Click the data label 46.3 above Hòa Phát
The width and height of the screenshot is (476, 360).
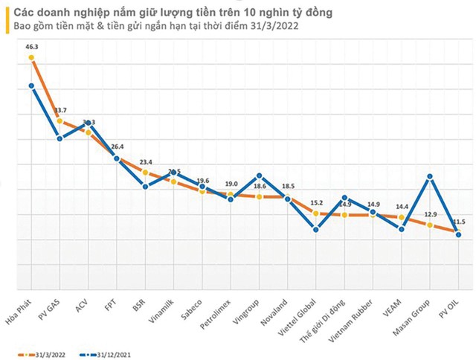pos(31,46)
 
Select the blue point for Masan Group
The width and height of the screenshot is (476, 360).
pos(430,176)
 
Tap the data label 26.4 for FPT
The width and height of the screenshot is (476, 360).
pos(117,147)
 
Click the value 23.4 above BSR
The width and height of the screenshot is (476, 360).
pos(145,161)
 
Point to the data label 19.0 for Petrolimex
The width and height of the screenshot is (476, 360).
pos(231,184)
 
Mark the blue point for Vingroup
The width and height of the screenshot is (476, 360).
pos(259,176)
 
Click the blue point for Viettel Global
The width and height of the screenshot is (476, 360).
pos(316,230)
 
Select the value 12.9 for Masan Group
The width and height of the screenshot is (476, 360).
pos(431,214)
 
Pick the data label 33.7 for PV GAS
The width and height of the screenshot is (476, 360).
pos(60,111)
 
